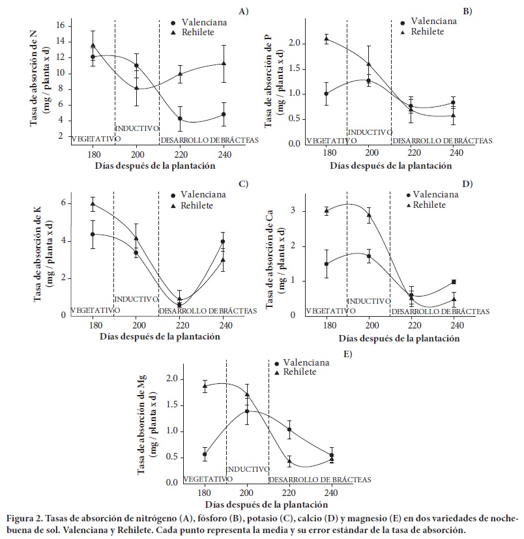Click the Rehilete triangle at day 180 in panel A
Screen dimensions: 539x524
coord(93,46)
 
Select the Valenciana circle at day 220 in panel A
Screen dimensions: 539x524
coord(180,119)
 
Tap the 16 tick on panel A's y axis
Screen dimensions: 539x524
coord(60,25)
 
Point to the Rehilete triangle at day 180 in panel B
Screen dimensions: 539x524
coord(326,38)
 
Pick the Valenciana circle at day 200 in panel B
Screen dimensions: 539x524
coord(368,80)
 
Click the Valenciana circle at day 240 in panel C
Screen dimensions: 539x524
coord(223,242)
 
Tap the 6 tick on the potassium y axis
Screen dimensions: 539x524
coord(63,203)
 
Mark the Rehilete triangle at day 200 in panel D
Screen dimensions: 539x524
coord(368,214)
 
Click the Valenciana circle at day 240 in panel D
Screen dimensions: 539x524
coord(454,282)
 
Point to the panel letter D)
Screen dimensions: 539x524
coord(467,184)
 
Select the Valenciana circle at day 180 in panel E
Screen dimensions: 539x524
coord(205,454)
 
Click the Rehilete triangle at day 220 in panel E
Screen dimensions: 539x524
coord(289,461)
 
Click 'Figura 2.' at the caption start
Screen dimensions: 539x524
coord(25,519)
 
